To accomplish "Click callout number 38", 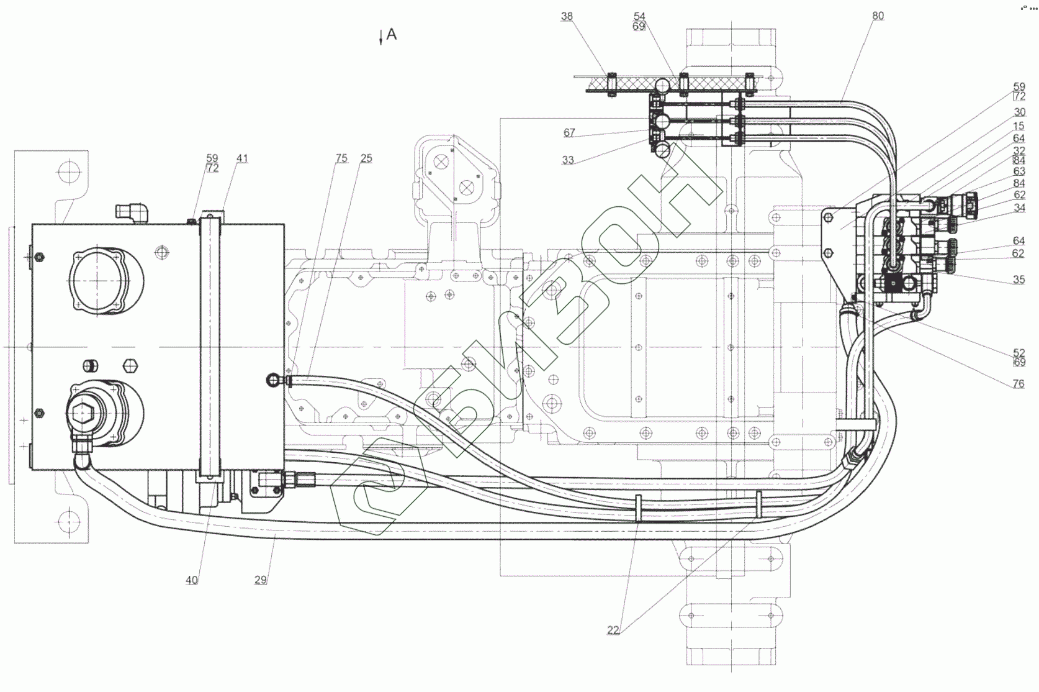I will [x=567, y=16].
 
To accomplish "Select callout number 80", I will [x=878, y=16].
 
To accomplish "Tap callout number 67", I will [x=569, y=133].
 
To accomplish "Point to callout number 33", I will [x=568, y=160].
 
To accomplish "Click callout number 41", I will [x=242, y=158].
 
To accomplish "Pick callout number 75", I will [x=341, y=158].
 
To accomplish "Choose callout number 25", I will [x=366, y=158].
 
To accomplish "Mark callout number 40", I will [x=192, y=580].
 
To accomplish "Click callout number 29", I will [x=261, y=580].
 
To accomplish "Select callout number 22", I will [x=613, y=631].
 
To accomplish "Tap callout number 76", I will [x=1019, y=384].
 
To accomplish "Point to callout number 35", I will [x=1019, y=280].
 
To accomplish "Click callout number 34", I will [x=1019, y=208].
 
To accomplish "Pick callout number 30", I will [x=1019, y=112].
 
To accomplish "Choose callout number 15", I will [x=1019, y=126].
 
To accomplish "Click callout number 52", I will [x=1019, y=353].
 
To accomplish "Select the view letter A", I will [x=392, y=35].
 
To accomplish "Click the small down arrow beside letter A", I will [x=381, y=39].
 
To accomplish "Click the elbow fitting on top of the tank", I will [x=132, y=212].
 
